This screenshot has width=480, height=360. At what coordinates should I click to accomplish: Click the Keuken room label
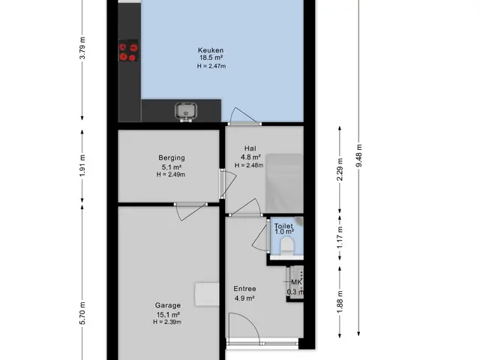tap(211, 50)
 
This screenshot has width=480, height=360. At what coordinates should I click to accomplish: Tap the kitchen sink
tap(186, 111)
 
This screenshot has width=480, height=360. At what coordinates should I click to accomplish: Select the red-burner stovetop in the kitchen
tap(128, 50)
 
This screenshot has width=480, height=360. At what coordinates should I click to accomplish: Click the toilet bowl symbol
tap(287, 245)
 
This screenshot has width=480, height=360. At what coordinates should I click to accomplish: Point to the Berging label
tap(172, 158)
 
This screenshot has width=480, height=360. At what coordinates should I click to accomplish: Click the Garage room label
tap(168, 305)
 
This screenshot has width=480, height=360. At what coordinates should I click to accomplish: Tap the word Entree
tap(244, 289)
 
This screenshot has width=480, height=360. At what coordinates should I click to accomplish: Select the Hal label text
tap(250, 148)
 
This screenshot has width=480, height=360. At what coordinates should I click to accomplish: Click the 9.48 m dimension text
tap(358, 155)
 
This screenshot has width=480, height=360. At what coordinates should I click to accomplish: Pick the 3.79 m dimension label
tap(82, 48)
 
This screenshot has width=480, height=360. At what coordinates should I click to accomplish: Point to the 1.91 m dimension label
tap(82, 166)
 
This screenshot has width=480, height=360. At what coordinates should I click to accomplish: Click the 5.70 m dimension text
tap(82, 313)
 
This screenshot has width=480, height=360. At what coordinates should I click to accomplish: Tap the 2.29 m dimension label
tap(340, 169)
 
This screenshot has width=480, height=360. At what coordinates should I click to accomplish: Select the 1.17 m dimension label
tap(340, 238)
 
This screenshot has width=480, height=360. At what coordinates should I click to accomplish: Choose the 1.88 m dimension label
tap(340, 301)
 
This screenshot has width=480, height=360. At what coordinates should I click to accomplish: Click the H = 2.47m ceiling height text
tap(211, 66)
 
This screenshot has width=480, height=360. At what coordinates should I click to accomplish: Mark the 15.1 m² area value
tap(168, 315)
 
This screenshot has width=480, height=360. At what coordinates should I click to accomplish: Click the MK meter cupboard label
tap(296, 282)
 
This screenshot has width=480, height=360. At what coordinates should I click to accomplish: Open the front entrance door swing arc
tap(252, 322)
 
